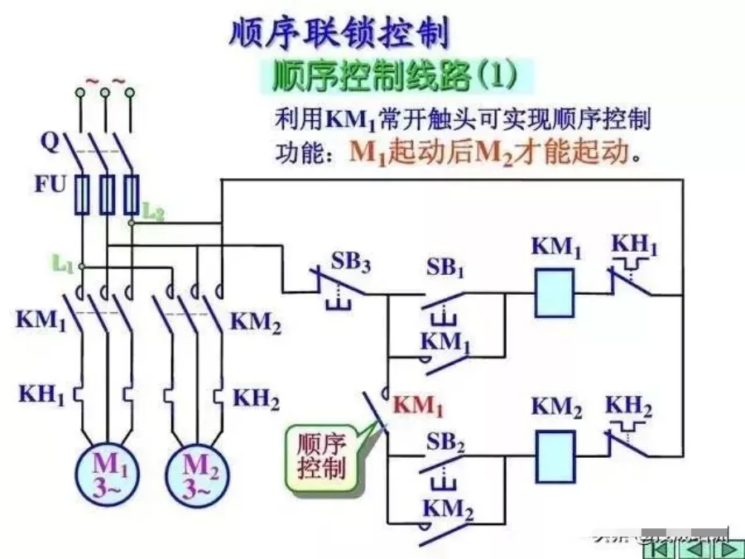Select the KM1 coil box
pos(554,293)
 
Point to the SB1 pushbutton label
pos(446,267)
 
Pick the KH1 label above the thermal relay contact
pos(635,245)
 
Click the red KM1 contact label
pos(418,407)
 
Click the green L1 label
pos(64,264)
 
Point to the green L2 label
pos(153,212)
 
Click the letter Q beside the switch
pos(50,143)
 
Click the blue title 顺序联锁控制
pos(339,34)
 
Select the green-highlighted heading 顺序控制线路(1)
pos(396,77)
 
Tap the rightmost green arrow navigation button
pos(729,547)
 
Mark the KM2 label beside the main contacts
pos(256,322)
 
